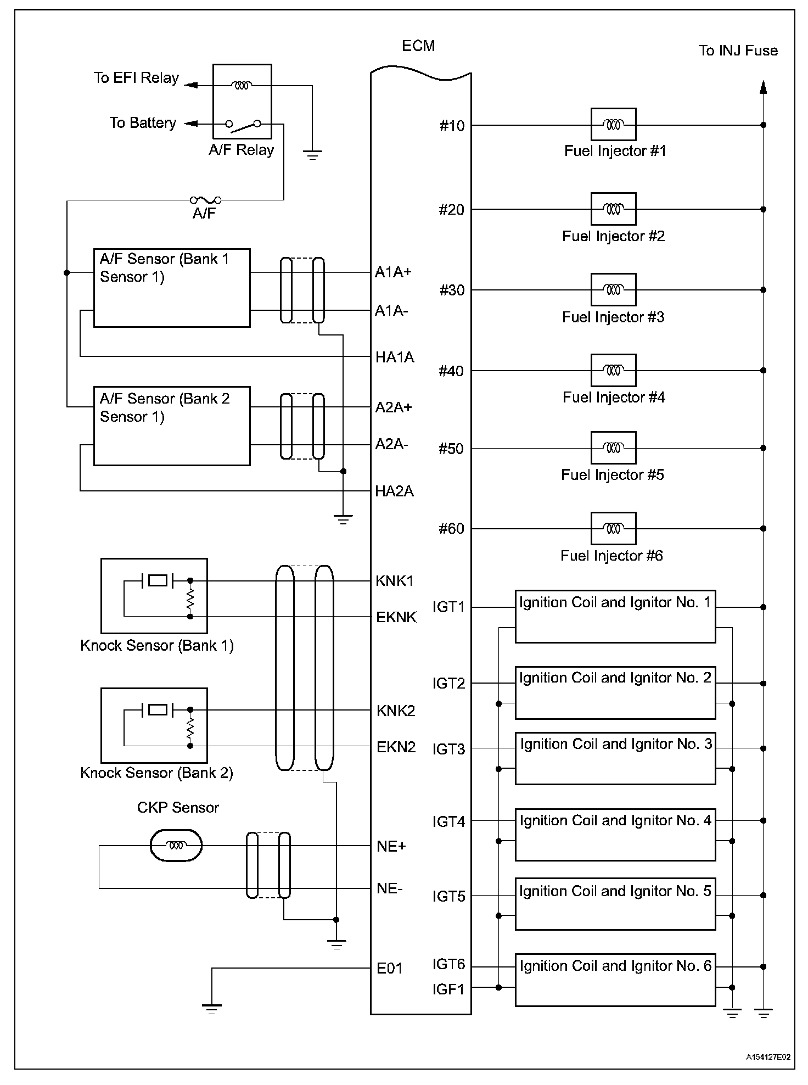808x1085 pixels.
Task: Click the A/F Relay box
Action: point(242,102)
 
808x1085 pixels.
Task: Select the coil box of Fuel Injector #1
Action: point(613,125)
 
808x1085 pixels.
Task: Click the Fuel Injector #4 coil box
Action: point(613,370)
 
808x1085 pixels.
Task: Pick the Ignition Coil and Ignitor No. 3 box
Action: point(615,758)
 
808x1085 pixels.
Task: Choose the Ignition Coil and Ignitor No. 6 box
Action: point(615,980)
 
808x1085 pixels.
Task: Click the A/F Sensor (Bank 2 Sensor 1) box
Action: point(172,426)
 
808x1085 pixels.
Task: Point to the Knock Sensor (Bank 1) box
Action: point(154,596)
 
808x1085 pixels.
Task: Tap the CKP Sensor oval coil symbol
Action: point(176,846)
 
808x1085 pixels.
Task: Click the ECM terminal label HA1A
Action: point(395,357)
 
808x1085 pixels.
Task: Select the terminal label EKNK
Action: point(396,617)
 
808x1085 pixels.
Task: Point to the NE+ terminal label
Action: point(391,846)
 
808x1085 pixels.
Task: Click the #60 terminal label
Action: point(451,529)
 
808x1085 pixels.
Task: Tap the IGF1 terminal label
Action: point(448,989)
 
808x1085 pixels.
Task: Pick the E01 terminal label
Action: point(390,968)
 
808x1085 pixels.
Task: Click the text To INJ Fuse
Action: point(738,51)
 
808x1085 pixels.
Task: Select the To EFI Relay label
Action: point(136,78)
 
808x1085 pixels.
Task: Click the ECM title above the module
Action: point(418,46)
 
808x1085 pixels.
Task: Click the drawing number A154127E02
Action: point(768,1057)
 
